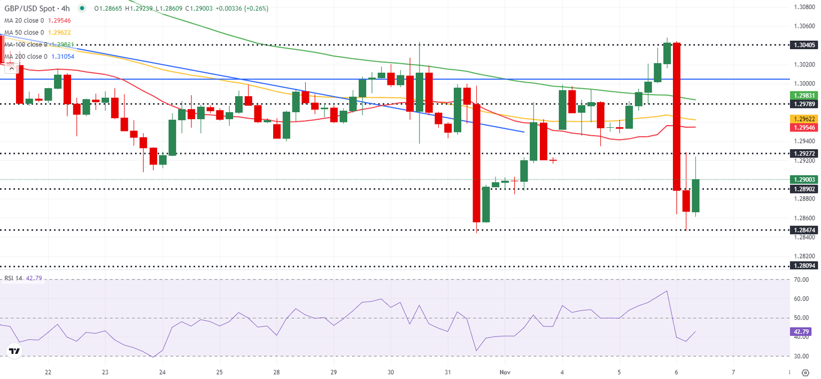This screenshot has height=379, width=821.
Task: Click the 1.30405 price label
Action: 804,45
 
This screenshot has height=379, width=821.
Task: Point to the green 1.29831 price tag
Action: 804,95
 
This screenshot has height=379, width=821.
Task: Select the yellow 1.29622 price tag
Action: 804,119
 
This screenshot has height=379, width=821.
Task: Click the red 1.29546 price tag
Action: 804,128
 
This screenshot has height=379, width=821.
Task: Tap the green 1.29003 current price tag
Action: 804,180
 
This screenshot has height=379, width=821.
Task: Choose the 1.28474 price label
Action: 804,230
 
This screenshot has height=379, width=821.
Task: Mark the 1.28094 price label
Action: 804,266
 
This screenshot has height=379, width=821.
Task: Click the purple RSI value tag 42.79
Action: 803,331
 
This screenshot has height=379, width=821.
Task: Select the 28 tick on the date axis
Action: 277,372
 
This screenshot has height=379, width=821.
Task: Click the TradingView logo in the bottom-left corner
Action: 14,351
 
